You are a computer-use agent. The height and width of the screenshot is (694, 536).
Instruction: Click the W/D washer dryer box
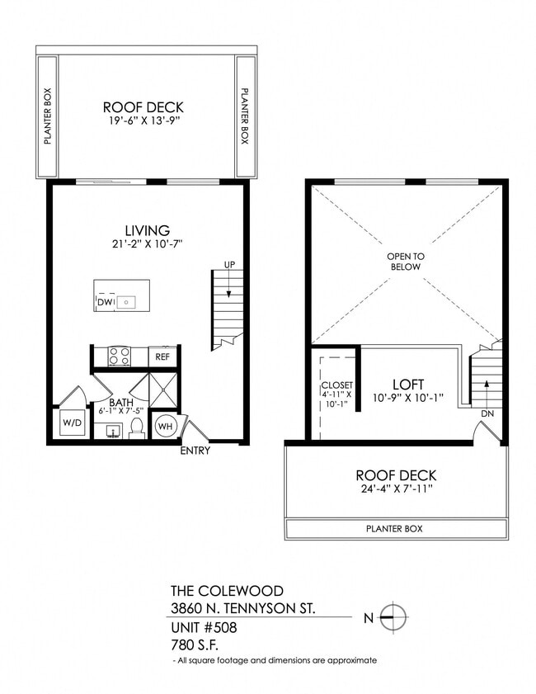68,424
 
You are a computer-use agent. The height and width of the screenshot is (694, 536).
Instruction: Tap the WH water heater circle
165,426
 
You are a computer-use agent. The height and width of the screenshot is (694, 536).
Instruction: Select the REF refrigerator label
163,356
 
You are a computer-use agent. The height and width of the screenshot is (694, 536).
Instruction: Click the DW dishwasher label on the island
104,303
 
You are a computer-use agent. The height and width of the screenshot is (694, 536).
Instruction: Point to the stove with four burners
120,356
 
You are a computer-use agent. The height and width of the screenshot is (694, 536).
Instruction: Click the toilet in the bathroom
138,427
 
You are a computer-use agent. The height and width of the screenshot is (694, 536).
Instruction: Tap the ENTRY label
195,451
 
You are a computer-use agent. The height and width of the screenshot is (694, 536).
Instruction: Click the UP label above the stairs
230,265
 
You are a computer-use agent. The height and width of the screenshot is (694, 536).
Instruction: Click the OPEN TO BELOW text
404,262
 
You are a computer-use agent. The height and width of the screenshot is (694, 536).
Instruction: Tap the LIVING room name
147,230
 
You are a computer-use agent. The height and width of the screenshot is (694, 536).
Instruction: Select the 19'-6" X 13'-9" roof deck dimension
143,121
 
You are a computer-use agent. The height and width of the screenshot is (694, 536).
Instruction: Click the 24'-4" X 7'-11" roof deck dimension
396,489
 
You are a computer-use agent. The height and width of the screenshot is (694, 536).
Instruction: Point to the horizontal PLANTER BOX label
396,528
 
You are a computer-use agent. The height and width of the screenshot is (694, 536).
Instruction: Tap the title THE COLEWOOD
226,591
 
